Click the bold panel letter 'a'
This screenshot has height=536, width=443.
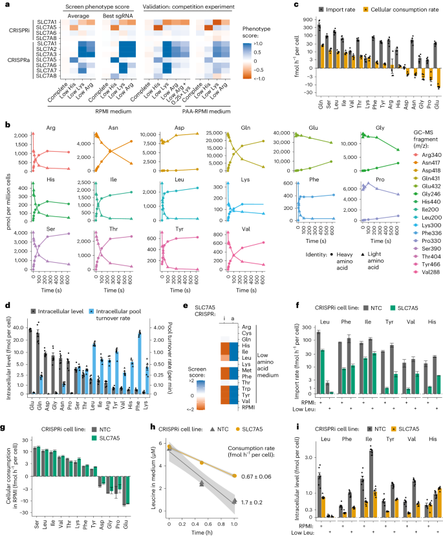click(x=5, y=5)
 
